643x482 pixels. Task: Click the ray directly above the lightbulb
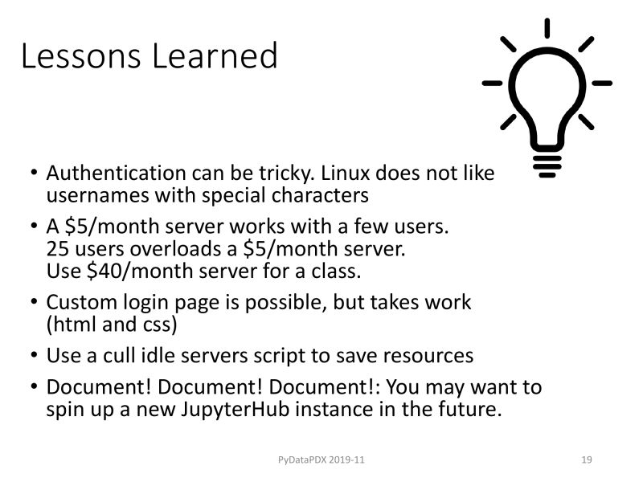point(547,28)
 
